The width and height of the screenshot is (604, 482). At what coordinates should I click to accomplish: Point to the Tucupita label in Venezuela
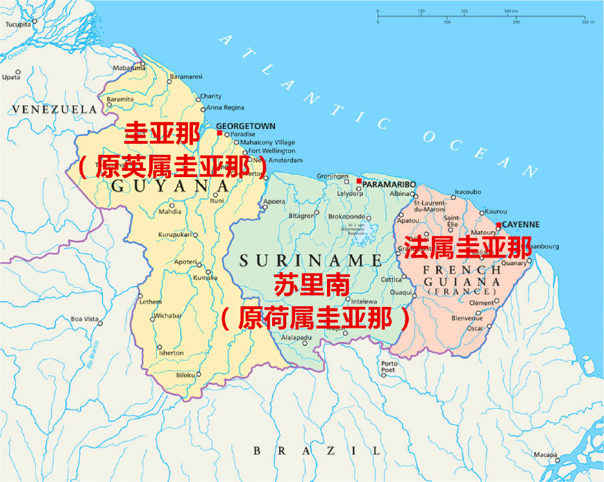point(19,24)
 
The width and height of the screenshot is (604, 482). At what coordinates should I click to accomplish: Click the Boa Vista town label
point(85,319)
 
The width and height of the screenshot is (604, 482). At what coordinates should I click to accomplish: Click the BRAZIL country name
point(317,451)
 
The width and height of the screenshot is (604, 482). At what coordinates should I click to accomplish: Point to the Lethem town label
point(150,302)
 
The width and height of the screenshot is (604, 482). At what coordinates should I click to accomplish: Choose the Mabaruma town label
point(129,68)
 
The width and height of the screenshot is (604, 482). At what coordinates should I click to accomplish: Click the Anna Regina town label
point(226,108)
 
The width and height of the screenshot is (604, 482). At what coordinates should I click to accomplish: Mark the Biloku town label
point(185,375)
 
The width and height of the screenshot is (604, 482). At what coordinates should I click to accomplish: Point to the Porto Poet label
point(389,367)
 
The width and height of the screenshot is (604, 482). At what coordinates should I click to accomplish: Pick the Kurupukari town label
point(176,235)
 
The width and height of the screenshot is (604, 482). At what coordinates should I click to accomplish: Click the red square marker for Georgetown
point(219,133)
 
